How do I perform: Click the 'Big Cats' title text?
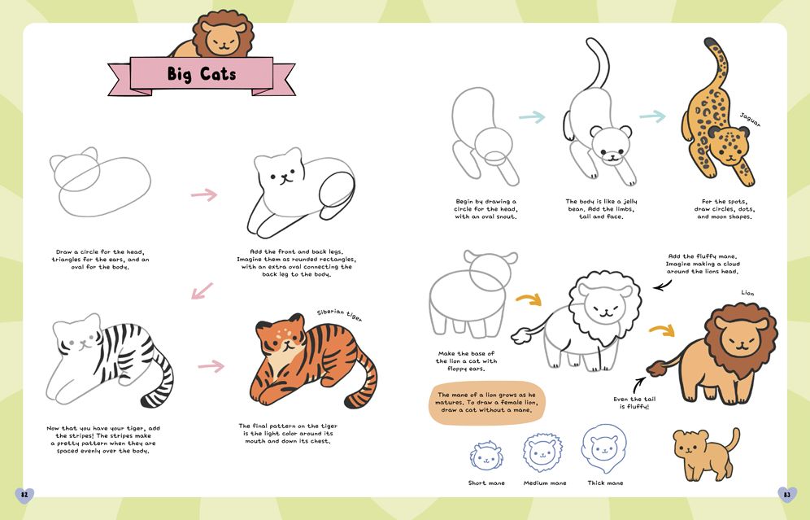click(x=202, y=74)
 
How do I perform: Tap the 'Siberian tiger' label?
click(x=339, y=315)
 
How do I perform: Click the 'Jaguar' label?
click(x=750, y=120)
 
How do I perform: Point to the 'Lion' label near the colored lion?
click(x=747, y=293)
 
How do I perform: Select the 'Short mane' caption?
click(x=486, y=483)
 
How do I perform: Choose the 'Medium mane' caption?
click(x=545, y=483)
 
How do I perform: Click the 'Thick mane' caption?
click(x=605, y=483)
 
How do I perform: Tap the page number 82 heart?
click(x=24, y=495)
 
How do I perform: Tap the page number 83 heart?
click(x=786, y=495)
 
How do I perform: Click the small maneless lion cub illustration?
click(x=705, y=453)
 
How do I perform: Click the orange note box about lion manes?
click(x=486, y=403)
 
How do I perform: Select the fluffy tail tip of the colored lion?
click(x=656, y=368)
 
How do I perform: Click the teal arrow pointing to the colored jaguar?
click(x=652, y=116)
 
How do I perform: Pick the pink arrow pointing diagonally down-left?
click(x=202, y=291)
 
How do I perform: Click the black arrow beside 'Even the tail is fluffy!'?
click(x=639, y=385)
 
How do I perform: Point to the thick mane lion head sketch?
click(x=603, y=447)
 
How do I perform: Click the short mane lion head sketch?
click(x=486, y=456)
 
